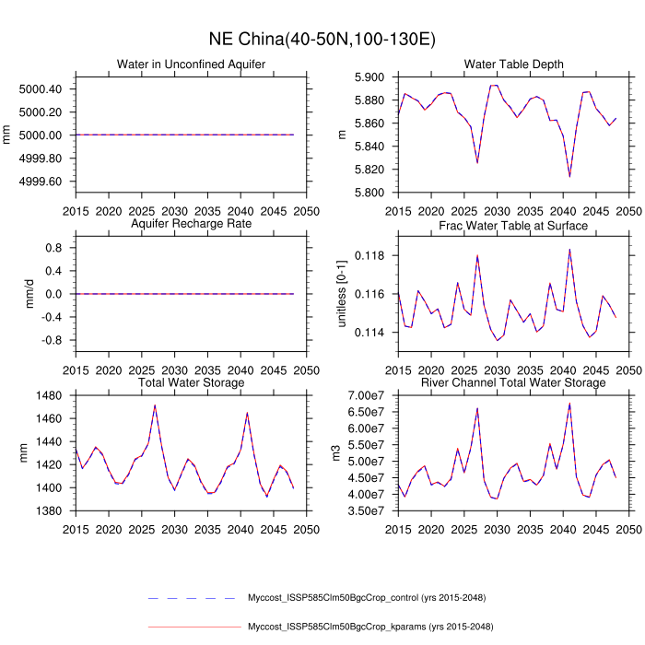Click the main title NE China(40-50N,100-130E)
[x=322, y=40]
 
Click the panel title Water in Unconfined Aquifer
[x=191, y=64]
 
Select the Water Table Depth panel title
[x=514, y=64]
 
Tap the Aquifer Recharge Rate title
[x=191, y=225]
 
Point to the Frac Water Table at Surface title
[x=514, y=225]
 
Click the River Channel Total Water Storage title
[x=514, y=382]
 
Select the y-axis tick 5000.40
[x=40, y=88]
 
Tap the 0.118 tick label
[x=372, y=255]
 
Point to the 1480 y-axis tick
[x=47, y=395]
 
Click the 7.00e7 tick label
[x=367, y=395]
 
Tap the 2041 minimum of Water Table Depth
[x=569, y=176]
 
